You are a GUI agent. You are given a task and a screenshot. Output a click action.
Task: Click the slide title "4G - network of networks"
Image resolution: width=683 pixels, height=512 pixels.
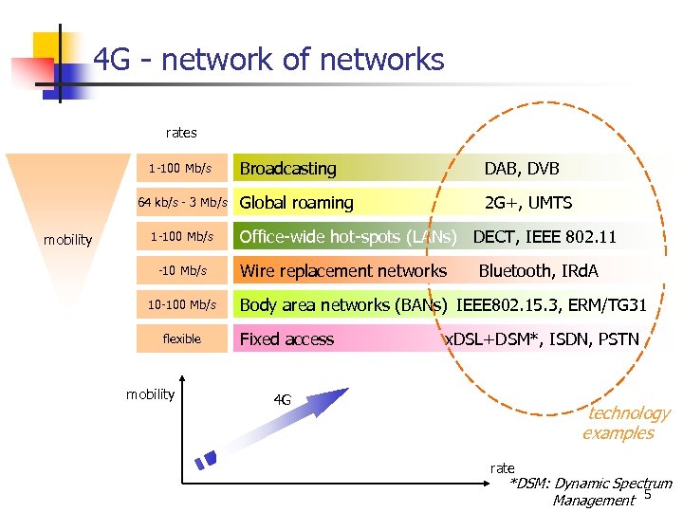pos(268,61)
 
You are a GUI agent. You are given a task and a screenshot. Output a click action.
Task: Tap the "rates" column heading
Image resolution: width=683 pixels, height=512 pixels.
pos(181,133)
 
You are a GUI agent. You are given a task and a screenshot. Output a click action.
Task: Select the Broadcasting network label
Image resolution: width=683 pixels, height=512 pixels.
pos(287,169)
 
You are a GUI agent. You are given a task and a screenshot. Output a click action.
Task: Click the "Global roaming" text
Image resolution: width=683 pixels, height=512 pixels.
pos(296,202)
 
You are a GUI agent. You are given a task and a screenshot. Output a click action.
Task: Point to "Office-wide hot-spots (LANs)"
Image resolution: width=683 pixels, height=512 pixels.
pos(348,236)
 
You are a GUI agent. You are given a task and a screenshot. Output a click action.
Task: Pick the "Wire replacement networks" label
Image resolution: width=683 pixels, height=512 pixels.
pos(342,271)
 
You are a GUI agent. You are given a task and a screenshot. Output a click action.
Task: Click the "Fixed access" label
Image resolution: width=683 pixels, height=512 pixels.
pos(286,339)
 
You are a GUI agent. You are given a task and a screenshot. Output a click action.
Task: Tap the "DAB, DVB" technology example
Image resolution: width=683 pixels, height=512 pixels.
pos(522,169)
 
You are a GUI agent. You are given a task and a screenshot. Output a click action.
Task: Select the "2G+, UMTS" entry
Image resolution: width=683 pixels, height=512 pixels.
pos(527,203)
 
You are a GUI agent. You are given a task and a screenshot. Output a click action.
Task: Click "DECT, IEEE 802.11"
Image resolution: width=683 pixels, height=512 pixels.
pos(545,236)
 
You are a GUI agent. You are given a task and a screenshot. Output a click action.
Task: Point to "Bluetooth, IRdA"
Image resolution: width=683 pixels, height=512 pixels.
pos(538,271)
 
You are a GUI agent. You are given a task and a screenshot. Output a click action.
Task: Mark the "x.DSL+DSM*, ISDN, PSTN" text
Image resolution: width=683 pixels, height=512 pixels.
pos(542,339)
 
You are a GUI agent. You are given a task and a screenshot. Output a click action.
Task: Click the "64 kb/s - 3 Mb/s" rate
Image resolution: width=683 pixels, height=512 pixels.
pos(182,202)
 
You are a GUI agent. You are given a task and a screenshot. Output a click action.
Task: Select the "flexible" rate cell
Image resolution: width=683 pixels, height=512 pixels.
pos(181,338)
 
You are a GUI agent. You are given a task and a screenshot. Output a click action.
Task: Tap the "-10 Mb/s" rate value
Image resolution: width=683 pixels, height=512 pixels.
pos(182,270)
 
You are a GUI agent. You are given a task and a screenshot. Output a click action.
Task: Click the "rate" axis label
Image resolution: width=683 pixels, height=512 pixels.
pos(502,468)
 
